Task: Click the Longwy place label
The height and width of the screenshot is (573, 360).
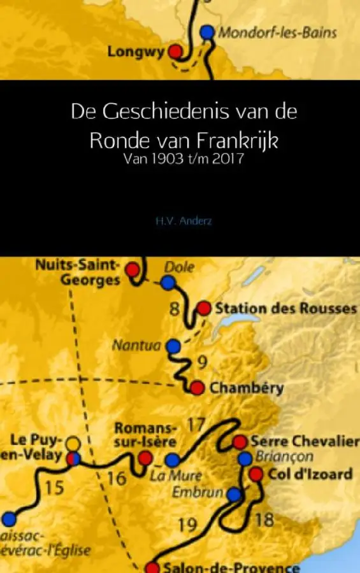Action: [136, 52]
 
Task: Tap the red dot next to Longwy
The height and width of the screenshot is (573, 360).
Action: [176, 52]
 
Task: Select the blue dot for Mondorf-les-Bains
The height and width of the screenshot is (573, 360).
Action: [206, 31]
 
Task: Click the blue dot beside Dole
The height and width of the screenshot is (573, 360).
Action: [168, 283]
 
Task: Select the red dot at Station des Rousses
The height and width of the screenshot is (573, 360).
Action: [203, 308]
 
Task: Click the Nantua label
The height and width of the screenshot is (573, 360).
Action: [137, 346]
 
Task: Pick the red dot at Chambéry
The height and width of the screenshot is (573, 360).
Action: [197, 387]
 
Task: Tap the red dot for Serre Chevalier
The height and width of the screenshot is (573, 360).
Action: [240, 441]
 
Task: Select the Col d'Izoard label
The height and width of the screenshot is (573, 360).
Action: [310, 474]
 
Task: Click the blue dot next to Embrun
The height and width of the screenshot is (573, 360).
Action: [234, 494]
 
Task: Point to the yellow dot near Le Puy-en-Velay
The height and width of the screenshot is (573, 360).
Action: [73, 443]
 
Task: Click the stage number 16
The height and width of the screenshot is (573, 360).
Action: [117, 478]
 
